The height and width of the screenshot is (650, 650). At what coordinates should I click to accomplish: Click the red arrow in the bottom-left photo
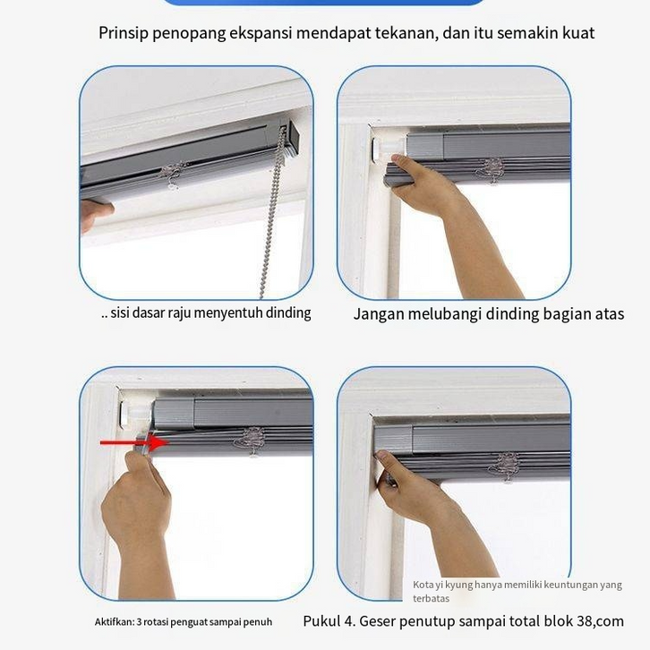[134, 442]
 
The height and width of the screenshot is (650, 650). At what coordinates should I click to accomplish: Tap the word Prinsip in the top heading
[124, 33]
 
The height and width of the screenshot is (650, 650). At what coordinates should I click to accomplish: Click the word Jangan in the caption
[378, 314]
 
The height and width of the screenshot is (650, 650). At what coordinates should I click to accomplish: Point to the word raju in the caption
[179, 313]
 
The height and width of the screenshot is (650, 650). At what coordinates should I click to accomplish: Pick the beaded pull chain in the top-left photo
[271, 211]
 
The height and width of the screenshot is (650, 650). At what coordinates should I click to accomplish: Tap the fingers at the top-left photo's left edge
[95, 213]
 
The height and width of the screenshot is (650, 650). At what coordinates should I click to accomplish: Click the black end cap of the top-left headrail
[294, 138]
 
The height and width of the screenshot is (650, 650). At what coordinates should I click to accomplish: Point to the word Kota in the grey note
[423, 585]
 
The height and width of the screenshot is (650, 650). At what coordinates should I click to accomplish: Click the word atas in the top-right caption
[610, 314]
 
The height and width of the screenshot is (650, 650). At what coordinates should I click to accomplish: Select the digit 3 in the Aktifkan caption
[140, 622]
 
